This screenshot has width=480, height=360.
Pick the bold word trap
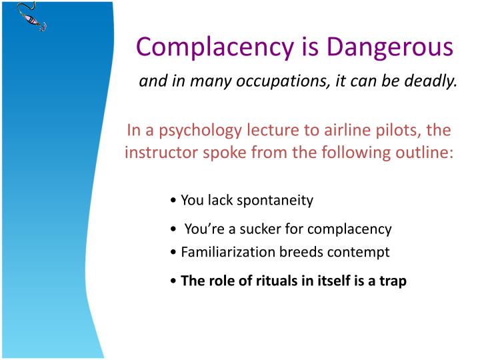click(x=393, y=281)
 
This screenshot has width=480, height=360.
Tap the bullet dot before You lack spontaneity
click(x=173, y=201)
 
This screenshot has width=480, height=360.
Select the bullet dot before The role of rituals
click(x=173, y=281)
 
